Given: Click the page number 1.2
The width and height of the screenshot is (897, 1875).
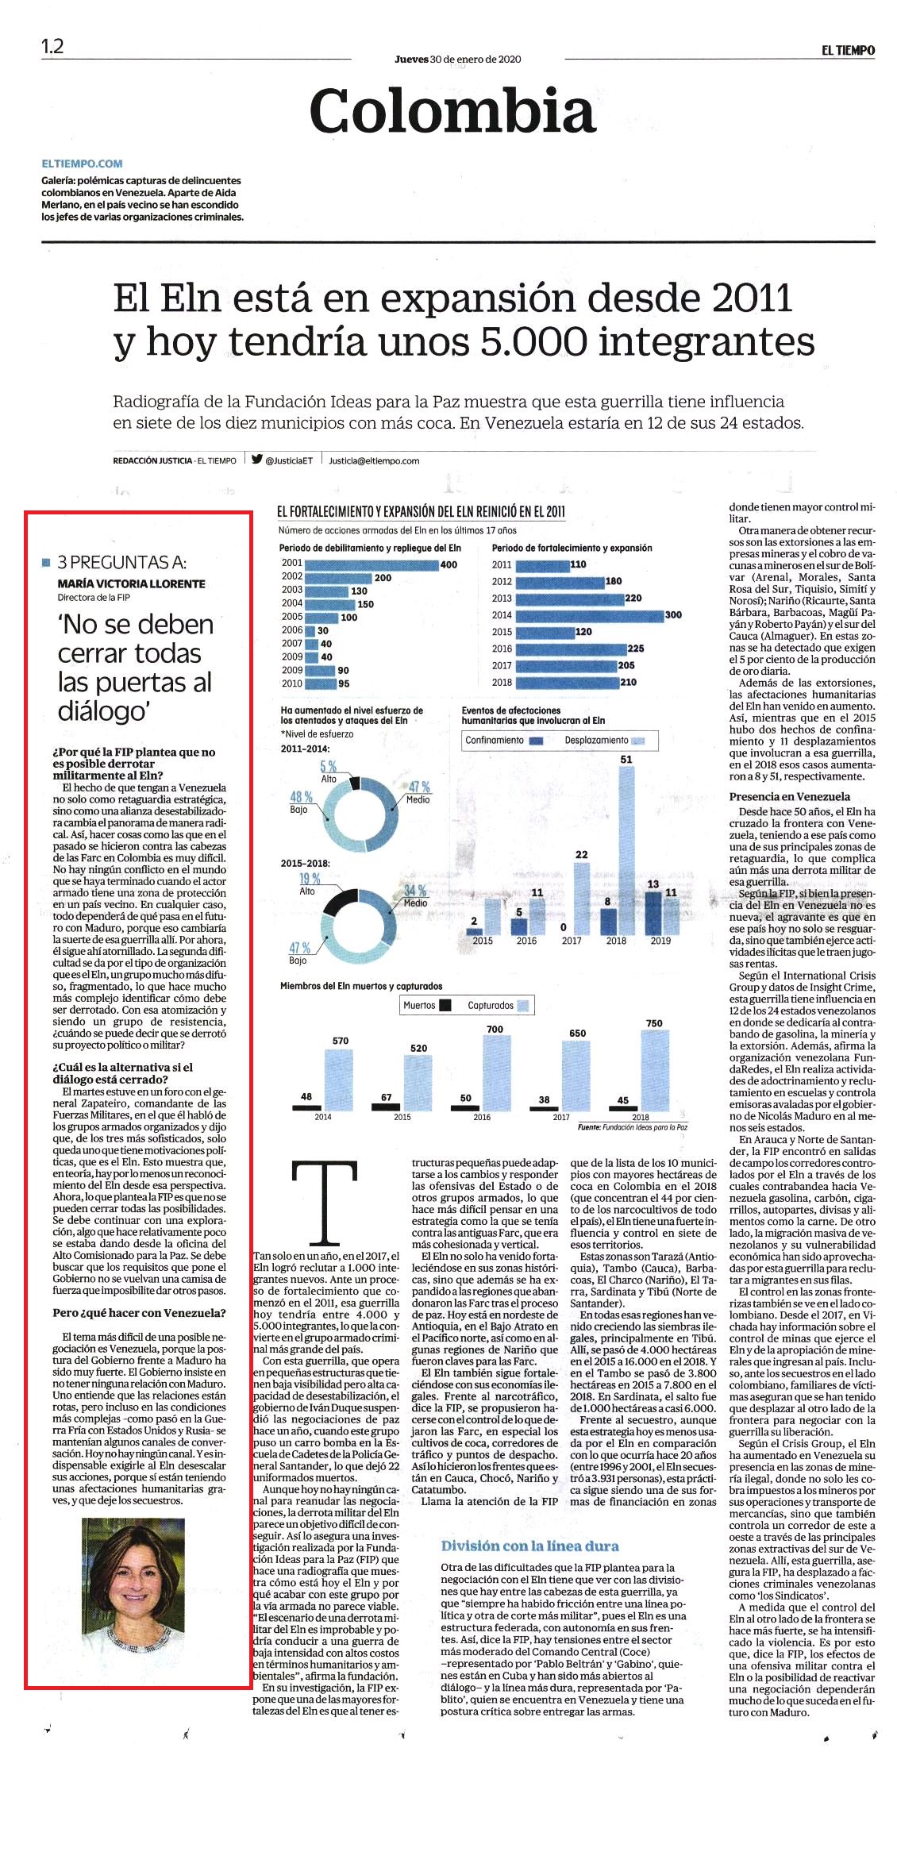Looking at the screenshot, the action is (52, 46).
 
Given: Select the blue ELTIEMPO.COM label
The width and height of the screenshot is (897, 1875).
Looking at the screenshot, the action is (83, 164).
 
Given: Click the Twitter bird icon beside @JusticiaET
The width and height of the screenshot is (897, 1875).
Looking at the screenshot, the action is (257, 458).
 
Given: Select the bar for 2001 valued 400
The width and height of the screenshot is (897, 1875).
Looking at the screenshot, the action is (372, 564).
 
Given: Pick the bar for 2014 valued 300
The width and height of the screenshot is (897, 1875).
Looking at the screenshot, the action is (590, 615).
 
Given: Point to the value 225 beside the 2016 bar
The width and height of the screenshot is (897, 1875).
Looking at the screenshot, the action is (636, 649).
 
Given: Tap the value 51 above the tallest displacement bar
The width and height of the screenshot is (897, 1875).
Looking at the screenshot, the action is (626, 760).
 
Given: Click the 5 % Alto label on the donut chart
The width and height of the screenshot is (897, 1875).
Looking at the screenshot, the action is (329, 770).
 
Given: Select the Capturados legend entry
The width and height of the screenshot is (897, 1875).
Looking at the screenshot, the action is (498, 1005).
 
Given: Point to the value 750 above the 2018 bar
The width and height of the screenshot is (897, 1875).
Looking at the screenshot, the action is (654, 1023).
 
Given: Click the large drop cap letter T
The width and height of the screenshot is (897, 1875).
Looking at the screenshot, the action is (325, 1201).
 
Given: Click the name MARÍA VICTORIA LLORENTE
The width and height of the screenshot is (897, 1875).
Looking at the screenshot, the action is (132, 583).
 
